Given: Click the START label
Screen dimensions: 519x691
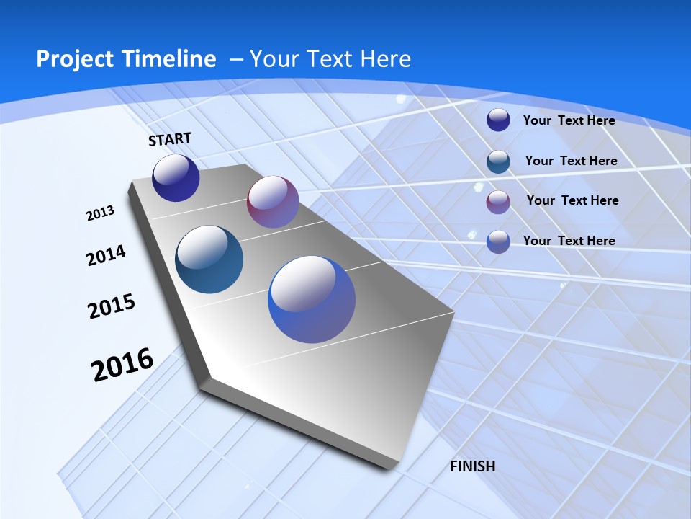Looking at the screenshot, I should click(x=170, y=139).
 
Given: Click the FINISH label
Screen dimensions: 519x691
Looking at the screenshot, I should click(x=472, y=466).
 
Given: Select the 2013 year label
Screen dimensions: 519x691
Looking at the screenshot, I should click(x=100, y=213).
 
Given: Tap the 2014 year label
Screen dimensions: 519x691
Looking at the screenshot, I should click(x=106, y=256).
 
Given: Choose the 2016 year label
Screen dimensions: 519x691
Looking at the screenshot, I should click(x=122, y=365).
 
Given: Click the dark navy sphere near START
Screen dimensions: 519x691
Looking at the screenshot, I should click(x=176, y=178).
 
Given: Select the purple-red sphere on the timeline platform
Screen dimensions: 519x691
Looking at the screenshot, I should click(x=273, y=202).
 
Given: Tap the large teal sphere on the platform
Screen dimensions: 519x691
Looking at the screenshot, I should click(x=209, y=259).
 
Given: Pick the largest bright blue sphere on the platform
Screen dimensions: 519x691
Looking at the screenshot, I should click(x=312, y=299).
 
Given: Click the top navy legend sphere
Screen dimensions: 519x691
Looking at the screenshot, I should click(x=498, y=120).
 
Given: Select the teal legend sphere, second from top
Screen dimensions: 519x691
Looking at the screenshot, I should click(x=498, y=161).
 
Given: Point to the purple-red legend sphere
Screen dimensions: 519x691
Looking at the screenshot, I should click(x=498, y=202).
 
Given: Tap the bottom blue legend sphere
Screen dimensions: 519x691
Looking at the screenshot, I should click(x=498, y=241).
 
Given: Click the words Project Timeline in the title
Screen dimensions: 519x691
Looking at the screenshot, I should click(x=126, y=59).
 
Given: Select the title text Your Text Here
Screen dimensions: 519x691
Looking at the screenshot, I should click(x=330, y=59).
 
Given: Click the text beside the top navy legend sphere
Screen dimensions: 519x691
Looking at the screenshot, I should click(x=569, y=120).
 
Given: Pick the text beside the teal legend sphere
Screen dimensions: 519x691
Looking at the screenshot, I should click(x=571, y=161).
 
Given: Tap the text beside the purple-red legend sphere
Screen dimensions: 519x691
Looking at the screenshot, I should click(x=572, y=200).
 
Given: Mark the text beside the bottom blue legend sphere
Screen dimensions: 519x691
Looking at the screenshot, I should click(x=569, y=241).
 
